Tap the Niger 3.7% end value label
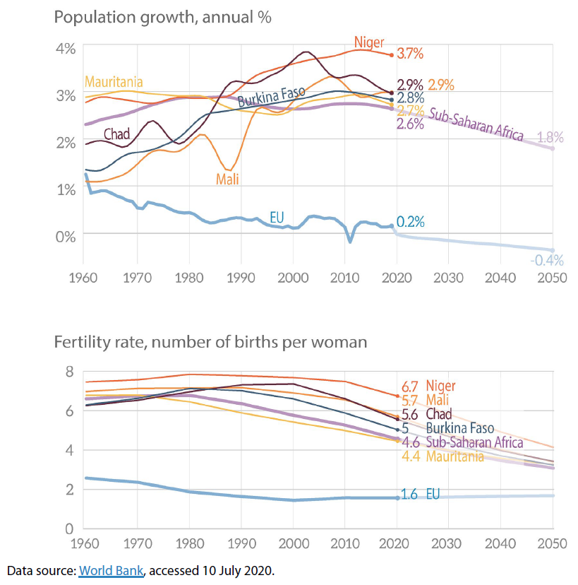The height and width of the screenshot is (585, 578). [x=410, y=54]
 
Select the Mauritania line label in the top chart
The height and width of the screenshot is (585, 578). [x=114, y=81]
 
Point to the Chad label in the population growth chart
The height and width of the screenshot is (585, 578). [x=116, y=134]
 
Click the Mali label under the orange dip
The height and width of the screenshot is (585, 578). [x=227, y=179]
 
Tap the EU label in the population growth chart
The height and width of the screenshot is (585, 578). [x=277, y=217]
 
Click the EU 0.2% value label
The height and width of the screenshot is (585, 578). [x=410, y=222]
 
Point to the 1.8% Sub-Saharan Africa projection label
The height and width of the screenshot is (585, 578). [x=550, y=138]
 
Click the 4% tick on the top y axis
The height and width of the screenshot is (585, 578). [x=65, y=49]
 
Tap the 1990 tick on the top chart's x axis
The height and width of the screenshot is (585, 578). [x=241, y=278]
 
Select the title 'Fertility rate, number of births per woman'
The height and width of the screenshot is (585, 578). [x=211, y=343]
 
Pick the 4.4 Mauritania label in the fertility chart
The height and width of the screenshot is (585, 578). [x=442, y=456]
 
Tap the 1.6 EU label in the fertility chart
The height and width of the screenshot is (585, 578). [x=420, y=495]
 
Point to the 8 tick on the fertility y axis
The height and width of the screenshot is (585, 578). [x=69, y=372]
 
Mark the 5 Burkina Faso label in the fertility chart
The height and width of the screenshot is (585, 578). [x=447, y=429]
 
